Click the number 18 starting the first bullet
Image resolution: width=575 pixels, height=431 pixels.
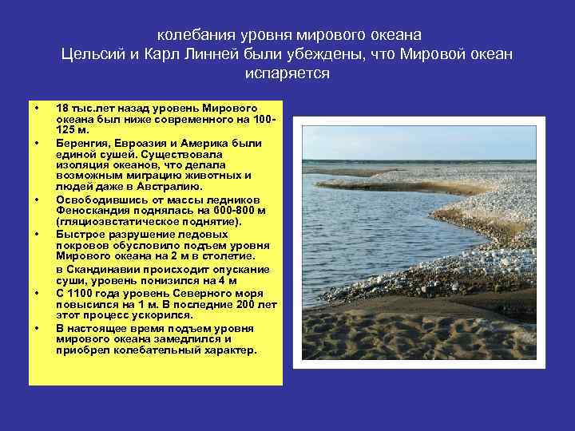pyautogui.click(x=63, y=107)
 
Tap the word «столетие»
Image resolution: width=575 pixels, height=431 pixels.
pyautogui.click(x=226, y=256)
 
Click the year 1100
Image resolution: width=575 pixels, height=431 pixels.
pyautogui.click(x=81, y=294)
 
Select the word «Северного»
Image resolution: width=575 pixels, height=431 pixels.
pyautogui.click(x=179, y=294)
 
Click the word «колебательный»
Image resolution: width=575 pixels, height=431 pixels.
pyautogui.click(x=148, y=350)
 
